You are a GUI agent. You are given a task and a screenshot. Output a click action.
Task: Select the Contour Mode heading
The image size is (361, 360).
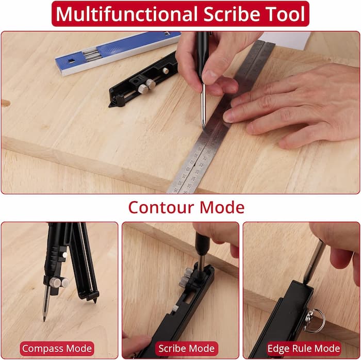[186, 207]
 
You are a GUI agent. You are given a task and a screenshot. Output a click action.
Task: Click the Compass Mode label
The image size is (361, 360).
[57, 348]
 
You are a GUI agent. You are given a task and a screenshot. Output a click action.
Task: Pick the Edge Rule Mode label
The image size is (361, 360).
[304, 348]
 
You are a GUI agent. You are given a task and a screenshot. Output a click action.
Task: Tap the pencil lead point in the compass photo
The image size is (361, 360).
[44, 317]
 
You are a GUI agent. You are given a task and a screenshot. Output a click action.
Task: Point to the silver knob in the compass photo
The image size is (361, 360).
[59, 282]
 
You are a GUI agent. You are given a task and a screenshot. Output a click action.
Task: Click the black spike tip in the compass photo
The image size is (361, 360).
[95, 299]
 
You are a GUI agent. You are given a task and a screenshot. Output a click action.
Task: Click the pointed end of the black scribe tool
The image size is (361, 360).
[111, 104]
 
